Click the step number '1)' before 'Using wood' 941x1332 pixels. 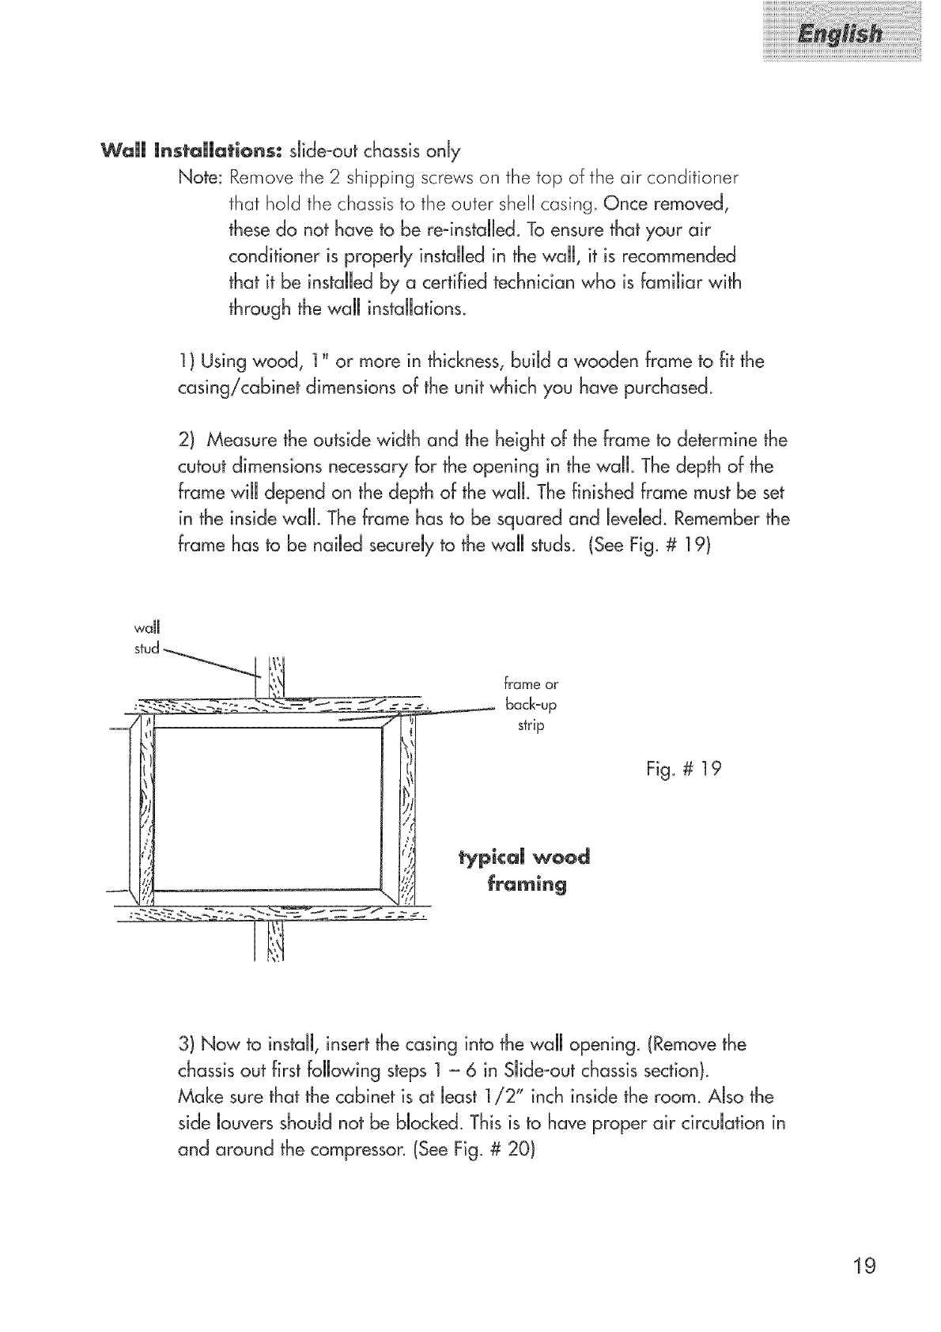[187, 362]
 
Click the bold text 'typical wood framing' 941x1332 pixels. [523, 871]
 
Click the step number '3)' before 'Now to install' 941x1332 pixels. [187, 1046]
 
